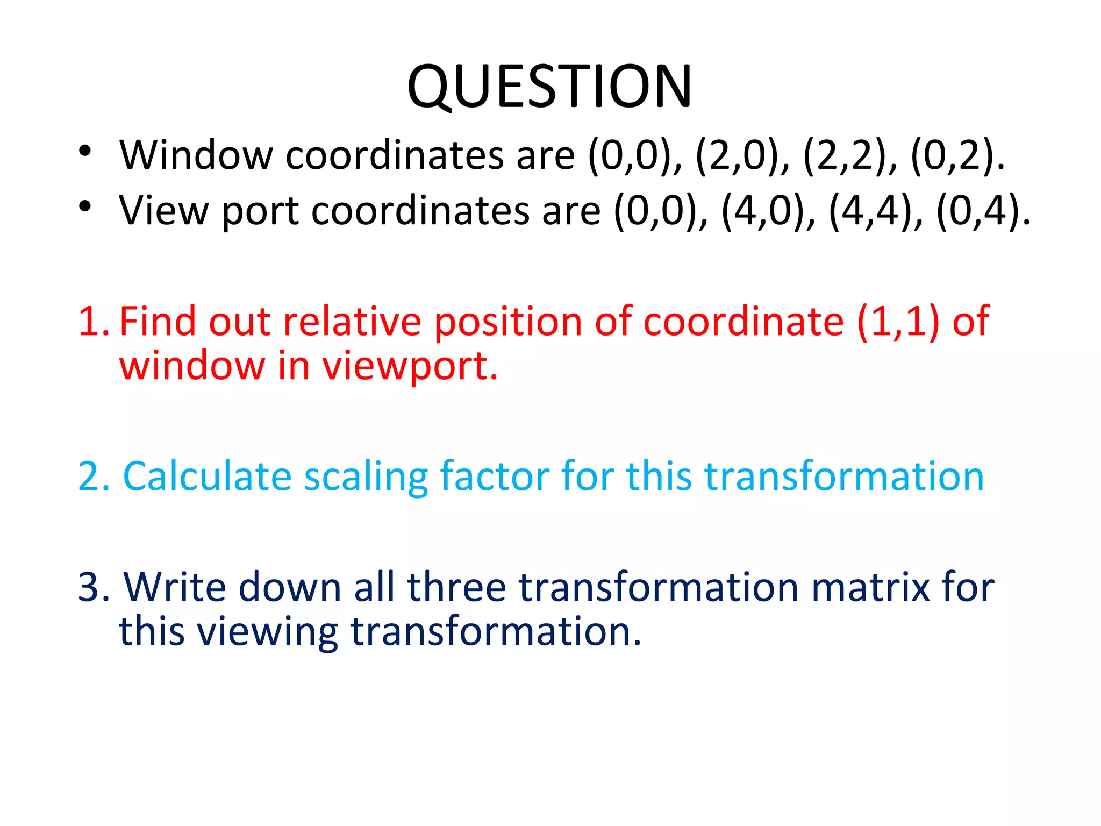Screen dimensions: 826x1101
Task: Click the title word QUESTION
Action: pyautogui.click(x=549, y=87)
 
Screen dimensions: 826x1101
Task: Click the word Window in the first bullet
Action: pyautogui.click(x=196, y=155)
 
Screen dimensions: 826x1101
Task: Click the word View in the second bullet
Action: pyautogui.click(x=163, y=210)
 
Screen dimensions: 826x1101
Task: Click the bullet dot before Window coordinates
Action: pyautogui.click(x=85, y=151)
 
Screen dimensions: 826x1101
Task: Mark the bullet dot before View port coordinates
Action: pyautogui.click(x=85, y=206)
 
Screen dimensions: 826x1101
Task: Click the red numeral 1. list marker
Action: pyautogui.click(x=94, y=322)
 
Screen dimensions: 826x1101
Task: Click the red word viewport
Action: pyautogui.click(x=410, y=366)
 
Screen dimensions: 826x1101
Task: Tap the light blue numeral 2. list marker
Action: pyautogui.click(x=94, y=476)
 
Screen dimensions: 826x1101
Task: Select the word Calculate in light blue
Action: pyautogui.click(x=207, y=476)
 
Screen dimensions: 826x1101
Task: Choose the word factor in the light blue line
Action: pyautogui.click(x=494, y=476)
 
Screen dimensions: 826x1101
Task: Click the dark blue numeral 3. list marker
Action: pyautogui.click(x=94, y=587)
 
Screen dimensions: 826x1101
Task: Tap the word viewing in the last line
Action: pyautogui.click(x=267, y=632)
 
